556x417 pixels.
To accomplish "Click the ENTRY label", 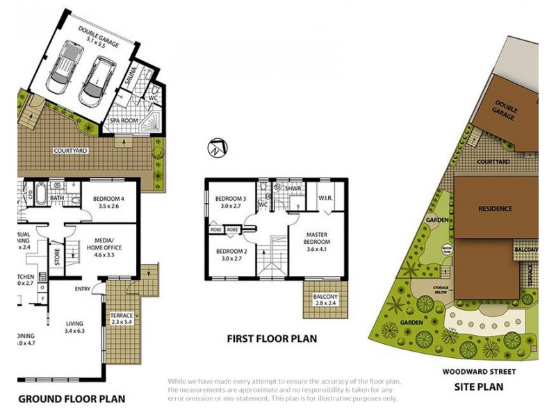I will [x=83, y=289].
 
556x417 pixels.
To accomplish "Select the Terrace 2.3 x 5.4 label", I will [x=122, y=320].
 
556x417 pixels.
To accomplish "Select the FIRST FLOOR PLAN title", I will [x=272, y=339].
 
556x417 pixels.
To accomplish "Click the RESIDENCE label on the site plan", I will [x=495, y=208].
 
